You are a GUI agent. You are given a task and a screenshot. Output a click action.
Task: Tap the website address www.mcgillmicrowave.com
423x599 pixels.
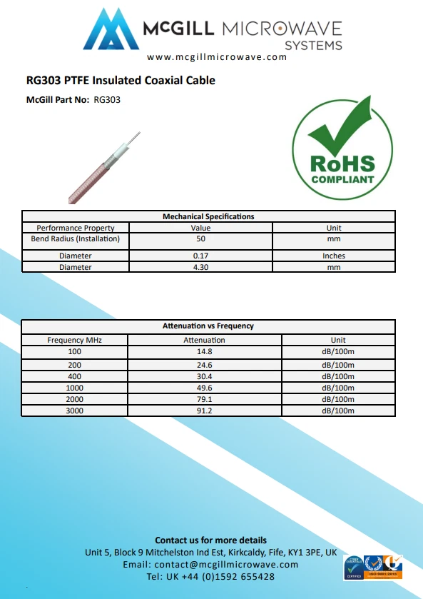pos(217,57)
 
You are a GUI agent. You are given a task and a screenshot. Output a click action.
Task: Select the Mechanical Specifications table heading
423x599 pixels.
pos(208,216)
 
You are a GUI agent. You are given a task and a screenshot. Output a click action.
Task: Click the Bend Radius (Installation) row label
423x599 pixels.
pos(75,238)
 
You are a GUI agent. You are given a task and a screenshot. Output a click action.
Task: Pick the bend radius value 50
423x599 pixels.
pos(200,238)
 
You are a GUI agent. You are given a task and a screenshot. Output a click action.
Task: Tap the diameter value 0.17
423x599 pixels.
pos(200,256)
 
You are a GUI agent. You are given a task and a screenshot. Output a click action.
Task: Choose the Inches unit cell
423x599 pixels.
pos(333,256)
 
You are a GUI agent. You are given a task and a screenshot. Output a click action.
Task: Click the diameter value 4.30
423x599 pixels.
pos(200,267)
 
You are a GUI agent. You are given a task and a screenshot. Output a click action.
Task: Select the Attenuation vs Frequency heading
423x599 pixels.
pos(208,326)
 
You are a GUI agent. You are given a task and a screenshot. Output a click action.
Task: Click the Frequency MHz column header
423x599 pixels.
pos(74,340)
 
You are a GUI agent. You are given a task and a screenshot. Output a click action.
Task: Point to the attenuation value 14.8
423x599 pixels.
pos(204,352)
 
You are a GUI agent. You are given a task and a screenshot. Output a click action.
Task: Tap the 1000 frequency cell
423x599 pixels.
pos(74,388)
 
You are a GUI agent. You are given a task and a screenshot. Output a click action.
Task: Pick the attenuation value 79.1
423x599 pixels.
pos(204,399)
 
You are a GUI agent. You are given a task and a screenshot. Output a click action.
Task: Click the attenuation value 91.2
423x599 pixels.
pos(204,411)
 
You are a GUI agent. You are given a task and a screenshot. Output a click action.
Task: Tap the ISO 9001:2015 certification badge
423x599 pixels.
pos(384,567)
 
